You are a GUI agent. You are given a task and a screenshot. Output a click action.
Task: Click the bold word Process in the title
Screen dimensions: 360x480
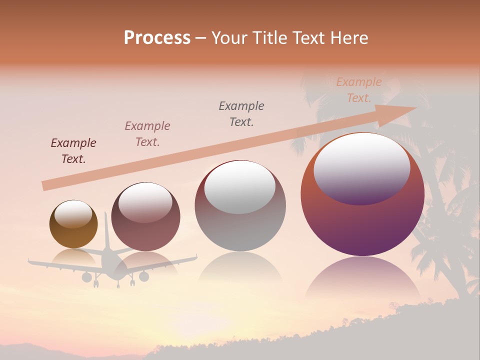[157, 37]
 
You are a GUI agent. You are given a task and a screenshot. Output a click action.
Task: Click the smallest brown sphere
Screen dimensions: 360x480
[73, 224]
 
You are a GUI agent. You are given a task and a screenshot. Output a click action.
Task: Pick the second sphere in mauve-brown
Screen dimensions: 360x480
[145, 217]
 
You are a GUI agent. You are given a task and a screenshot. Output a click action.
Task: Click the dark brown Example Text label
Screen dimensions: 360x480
[73, 151]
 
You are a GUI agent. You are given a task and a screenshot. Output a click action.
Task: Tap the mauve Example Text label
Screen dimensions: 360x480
[147, 133]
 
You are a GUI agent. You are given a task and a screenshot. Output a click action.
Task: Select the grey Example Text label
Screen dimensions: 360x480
[241, 113]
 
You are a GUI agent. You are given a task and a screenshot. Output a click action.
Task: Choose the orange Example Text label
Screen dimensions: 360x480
[359, 89]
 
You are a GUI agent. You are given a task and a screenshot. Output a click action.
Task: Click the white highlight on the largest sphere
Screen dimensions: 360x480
[362, 167]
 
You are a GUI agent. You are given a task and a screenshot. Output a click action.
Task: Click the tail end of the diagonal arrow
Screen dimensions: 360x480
[45, 185]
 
